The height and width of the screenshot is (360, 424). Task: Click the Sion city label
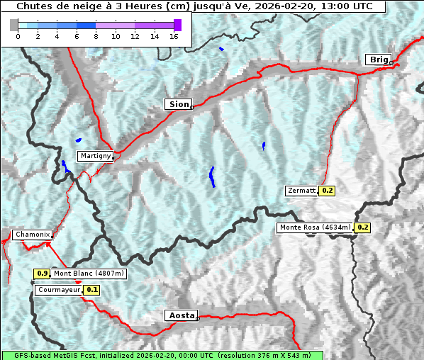179,104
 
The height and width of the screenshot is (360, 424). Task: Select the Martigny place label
95,156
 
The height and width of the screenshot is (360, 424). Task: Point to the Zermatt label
302,191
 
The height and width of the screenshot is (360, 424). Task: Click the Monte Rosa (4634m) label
315,227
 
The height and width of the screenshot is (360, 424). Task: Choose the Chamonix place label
32,235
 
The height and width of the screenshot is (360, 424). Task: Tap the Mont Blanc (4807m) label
89,274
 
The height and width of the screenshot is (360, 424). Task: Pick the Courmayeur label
59,290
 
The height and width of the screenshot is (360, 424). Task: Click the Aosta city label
180,315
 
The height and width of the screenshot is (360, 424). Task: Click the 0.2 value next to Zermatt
327,191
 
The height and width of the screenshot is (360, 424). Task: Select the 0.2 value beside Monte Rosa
362,227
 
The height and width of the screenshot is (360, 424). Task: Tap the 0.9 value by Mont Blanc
42,274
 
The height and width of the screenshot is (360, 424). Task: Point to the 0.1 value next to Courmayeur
91,290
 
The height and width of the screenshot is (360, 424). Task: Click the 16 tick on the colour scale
174,36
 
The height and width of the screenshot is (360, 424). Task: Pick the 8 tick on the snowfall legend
96,36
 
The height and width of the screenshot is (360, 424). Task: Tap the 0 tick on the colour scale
18,36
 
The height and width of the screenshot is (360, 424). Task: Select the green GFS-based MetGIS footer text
162,355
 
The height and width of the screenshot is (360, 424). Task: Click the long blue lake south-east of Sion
212,176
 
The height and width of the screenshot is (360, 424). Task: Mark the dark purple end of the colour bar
177,25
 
